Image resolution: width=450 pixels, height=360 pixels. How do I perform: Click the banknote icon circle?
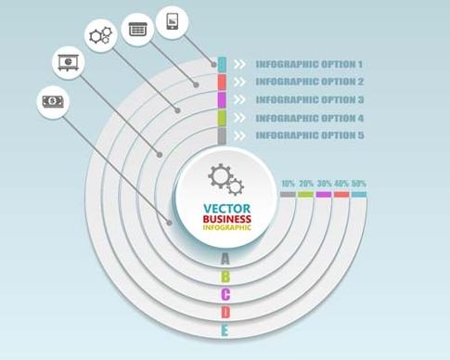[x=53, y=101]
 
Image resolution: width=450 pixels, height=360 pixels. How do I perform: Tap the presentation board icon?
[x=68, y=63]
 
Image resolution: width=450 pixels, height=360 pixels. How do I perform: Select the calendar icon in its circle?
[x=137, y=29]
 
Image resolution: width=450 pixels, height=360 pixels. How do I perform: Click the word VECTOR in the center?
[x=225, y=208]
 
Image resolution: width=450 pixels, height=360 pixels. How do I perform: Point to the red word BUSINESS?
[x=226, y=219]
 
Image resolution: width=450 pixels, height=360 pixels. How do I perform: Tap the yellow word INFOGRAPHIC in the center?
[x=226, y=228]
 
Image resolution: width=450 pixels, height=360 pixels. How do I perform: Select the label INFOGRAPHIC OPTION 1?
[x=309, y=65]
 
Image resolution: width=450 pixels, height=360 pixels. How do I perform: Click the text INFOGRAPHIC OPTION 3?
[x=309, y=100]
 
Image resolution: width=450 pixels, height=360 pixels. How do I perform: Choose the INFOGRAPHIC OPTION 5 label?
[x=309, y=135]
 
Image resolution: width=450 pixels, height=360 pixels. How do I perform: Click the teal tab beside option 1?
[x=223, y=64]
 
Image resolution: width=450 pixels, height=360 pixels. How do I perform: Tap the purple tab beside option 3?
[x=223, y=99]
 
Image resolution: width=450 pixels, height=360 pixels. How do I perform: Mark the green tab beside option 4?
[x=223, y=118]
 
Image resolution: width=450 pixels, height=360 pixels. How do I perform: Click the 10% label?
[x=288, y=184]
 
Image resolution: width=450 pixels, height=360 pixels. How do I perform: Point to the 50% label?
[x=358, y=184]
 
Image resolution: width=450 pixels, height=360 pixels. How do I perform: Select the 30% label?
[x=323, y=184]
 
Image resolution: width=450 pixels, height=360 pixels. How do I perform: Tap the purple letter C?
[x=225, y=295]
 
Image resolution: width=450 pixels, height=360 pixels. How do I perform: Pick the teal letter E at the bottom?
[x=225, y=330]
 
